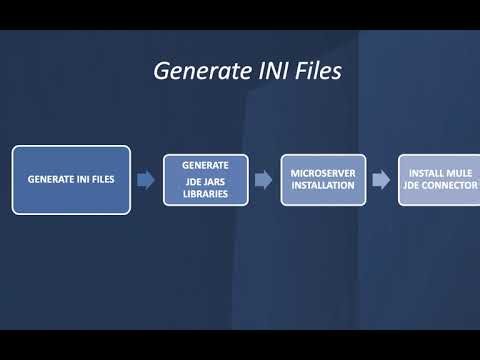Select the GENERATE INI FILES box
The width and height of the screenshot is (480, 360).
pyautogui.click(x=71, y=180)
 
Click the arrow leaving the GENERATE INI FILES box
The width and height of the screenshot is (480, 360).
pyautogui.click(x=146, y=180)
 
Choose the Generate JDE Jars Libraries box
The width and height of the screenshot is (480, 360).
pyautogui.click(x=206, y=180)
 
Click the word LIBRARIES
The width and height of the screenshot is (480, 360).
pyautogui.click(x=206, y=194)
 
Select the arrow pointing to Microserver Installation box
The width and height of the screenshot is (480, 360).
pyautogui.click(x=263, y=180)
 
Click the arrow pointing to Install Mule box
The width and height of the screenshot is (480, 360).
pyautogui.click(x=381, y=180)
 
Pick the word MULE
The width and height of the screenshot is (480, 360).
pyautogui.click(x=459, y=173)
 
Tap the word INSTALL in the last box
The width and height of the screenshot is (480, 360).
pyautogui.click(x=426, y=173)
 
